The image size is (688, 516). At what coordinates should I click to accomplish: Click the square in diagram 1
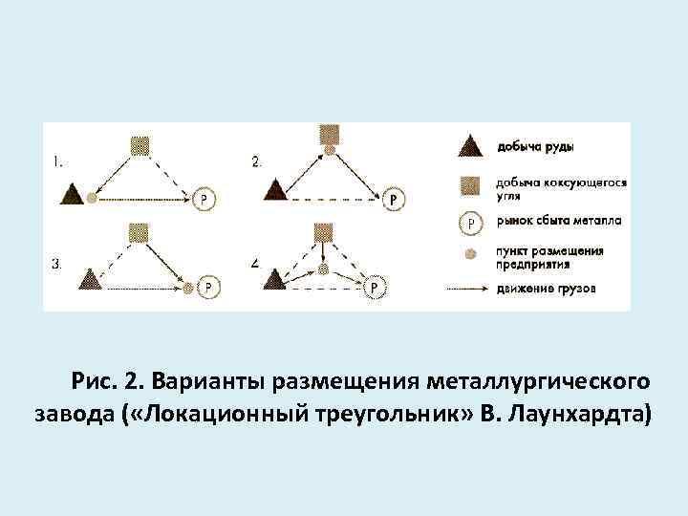[140, 145]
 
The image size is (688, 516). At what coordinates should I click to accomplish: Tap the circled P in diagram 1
[204, 199]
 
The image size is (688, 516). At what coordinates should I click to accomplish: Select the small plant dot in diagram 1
[92, 198]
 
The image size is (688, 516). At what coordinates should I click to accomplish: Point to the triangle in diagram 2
[275, 189]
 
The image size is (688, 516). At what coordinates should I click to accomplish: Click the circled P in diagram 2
[395, 199]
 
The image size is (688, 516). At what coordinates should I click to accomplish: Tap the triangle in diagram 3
[90, 279]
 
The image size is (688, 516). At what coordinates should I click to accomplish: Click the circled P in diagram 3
[208, 286]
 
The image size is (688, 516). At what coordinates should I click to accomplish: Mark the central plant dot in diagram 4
[324, 270]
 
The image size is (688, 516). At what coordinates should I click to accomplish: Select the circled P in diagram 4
[376, 286]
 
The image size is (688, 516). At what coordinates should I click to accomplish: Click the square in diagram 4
[324, 231]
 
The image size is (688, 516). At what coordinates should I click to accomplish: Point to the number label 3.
[56, 264]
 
